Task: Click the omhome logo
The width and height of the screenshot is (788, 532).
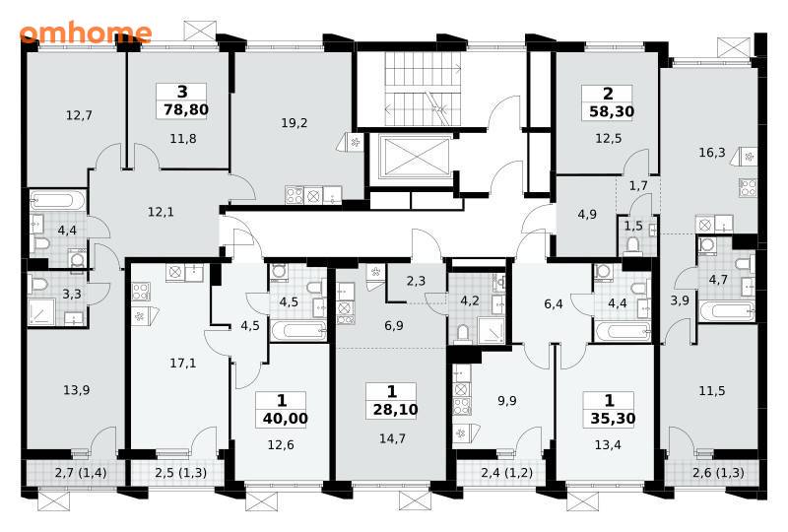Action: tap(86, 33)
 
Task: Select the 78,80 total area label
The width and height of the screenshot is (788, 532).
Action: tap(186, 109)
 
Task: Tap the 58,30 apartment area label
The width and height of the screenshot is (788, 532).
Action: tap(612, 111)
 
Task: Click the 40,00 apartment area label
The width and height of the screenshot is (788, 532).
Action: tap(285, 419)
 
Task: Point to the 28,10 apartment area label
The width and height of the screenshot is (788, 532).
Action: tap(396, 410)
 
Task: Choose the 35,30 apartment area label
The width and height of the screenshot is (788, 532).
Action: tap(613, 419)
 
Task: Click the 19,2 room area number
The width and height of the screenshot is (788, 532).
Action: tap(294, 123)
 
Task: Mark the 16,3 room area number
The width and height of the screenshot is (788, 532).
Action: tap(712, 152)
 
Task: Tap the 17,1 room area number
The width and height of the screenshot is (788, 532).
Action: tap(183, 363)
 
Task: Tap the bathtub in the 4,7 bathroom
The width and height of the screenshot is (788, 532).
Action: tap(727, 310)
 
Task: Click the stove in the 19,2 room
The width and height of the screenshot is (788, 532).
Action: tap(294, 195)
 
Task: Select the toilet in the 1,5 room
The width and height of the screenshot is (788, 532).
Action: tap(632, 246)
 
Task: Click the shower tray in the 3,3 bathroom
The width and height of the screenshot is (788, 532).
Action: tap(41, 312)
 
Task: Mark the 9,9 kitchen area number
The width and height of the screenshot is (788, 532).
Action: tap(506, 401)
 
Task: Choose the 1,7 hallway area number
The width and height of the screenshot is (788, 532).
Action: tap(638, 186)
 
